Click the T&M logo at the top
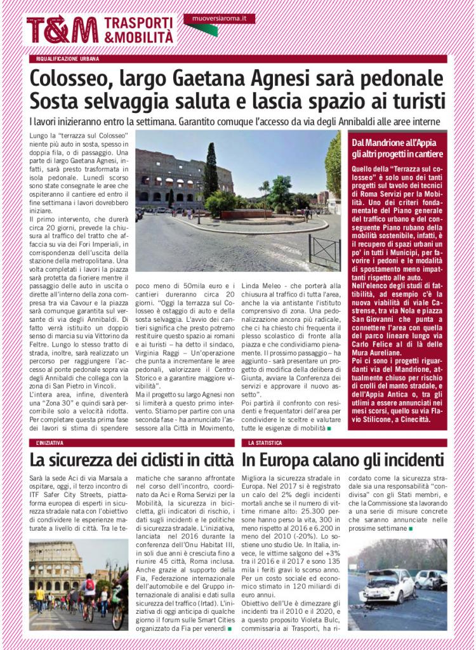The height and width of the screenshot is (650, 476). point(62,30)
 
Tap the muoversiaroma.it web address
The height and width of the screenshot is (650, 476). point(219,19)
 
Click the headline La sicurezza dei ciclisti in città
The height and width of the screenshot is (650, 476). point(131,459)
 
